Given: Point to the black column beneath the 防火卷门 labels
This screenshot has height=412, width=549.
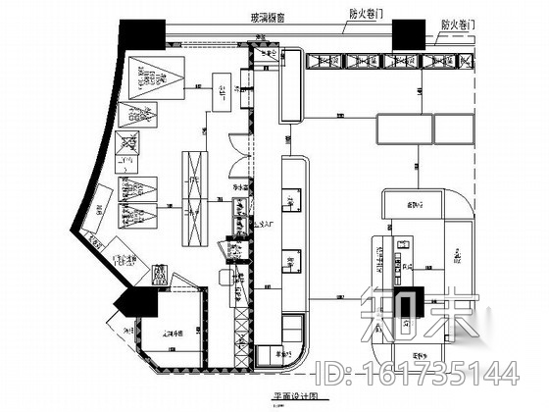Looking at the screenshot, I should tap(409, 35).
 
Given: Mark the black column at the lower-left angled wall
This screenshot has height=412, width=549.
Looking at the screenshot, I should tap(129, 300).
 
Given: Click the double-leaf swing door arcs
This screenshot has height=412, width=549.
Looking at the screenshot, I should tap(239, 147).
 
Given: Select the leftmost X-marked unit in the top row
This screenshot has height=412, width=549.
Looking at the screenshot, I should tap(323, 62).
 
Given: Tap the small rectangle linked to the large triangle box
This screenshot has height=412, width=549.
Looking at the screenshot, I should tap(224, 94).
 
